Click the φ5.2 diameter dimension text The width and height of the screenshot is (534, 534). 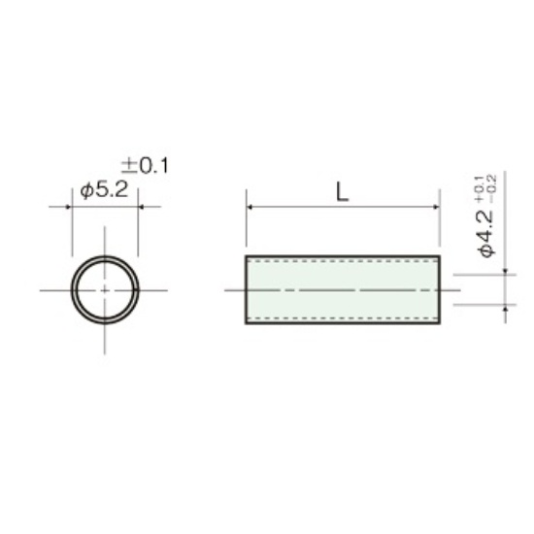pos(105,189)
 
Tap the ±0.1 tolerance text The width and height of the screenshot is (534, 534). pos(145,166)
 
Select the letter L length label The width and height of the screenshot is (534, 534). pos(343,191)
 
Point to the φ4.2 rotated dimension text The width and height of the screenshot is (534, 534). pos(486,234)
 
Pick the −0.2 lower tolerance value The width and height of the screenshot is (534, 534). pos(492,189)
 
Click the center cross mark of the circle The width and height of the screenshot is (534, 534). pos(105,290)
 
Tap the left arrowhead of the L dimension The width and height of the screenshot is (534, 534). pos(249,207)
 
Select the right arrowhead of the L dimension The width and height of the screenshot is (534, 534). pos(436,207)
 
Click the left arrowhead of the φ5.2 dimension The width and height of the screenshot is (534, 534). pos(68,207)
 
